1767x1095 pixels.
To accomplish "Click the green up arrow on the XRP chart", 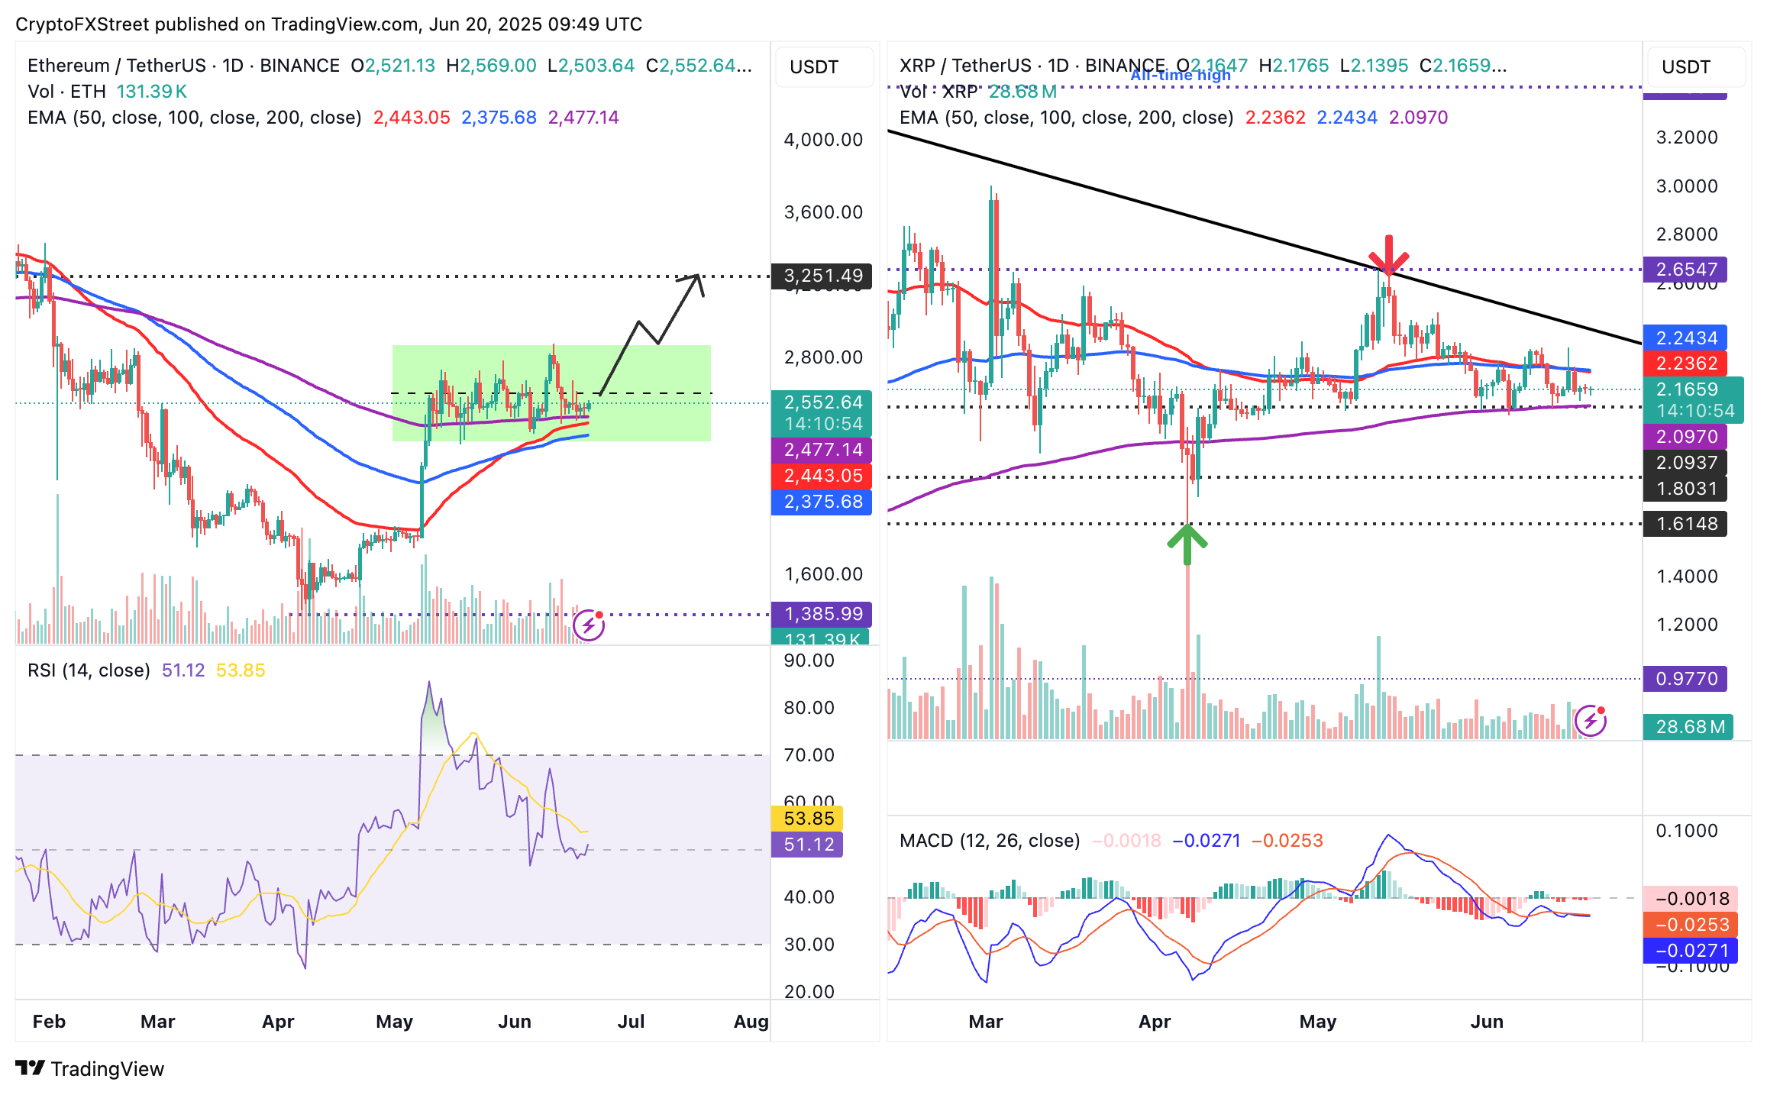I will point(1187,543).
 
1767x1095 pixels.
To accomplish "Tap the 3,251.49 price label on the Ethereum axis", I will point(822,276).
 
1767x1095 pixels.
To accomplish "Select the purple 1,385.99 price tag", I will point(822,614).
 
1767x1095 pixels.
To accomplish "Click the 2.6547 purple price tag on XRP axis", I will point(1685,270).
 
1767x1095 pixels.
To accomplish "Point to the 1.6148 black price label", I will point(1685,524).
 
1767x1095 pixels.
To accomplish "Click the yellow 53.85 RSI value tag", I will point(808,819).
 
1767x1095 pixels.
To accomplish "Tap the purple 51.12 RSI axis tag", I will point(808,845).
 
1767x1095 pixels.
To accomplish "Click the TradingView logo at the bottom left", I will point(90,1068).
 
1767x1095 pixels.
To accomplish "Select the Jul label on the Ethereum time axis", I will point(631,1022).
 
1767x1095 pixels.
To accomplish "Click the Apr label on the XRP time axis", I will point(1154,1022).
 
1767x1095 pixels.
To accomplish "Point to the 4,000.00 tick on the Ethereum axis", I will point(823,140).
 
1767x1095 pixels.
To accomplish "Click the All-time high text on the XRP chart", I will point(1181,76).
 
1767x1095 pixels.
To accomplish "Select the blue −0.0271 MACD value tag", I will point(1691,951).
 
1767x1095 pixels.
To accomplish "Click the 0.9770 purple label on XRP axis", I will point(1685,679).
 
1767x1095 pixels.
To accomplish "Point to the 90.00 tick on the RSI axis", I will point(809,661).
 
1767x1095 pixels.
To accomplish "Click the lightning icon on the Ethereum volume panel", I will point(589,625).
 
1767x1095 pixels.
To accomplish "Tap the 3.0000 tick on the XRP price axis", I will point(1686,186).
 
